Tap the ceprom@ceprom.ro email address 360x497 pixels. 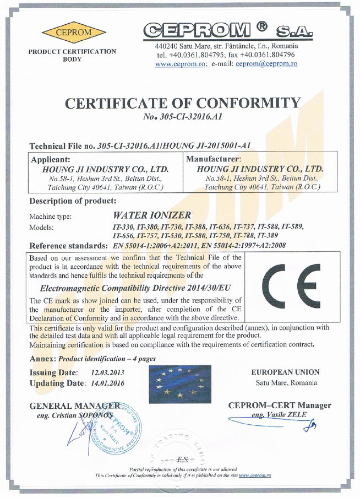[x=266, y=64]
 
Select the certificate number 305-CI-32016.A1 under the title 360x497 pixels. [x=185, y=117]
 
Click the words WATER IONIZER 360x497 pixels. [x=151, y=215]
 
